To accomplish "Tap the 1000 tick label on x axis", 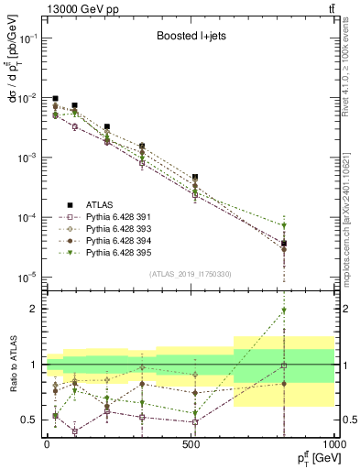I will click(x=334, y=444).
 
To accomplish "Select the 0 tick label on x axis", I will click(x=47, y=444).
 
